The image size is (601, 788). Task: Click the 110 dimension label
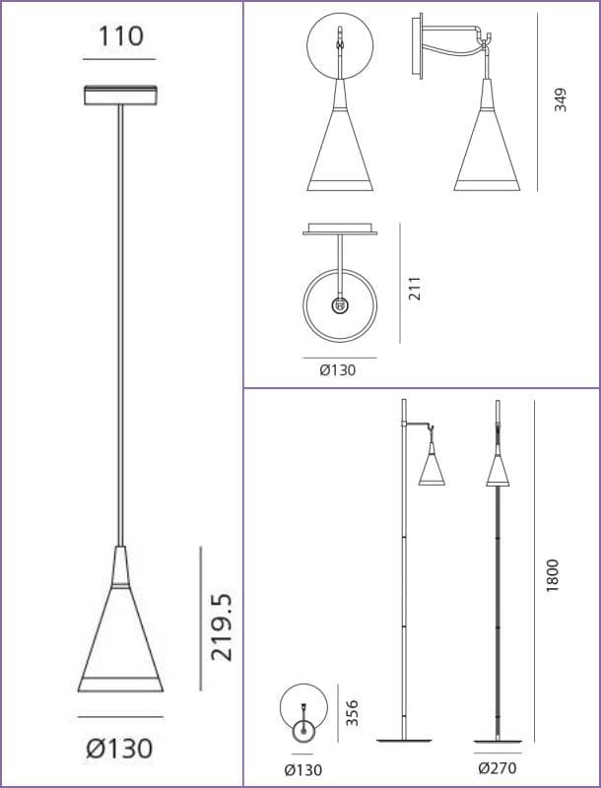pyautogui.click(x=120, y=36)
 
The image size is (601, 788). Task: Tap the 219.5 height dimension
pyautogui.click(x=222, y=626)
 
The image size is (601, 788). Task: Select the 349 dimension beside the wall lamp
pyautogui.click(x=561, y=99)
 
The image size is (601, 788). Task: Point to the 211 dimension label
pyautogui.click(x=415, y=288)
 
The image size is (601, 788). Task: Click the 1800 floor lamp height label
pyautogui.click(x=553, y=575)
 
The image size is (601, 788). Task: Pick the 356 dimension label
pyautogui.click(x=353, y=712)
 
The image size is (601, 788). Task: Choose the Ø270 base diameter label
pyautogui.click(x=498, y=768)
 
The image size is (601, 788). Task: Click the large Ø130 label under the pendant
pyautogui.click(x=119, y=749)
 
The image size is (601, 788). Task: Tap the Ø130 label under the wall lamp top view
pyautogui.click(x=338, y=370)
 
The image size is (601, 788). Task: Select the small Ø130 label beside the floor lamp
pyautogui.click(x=303, y=770)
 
